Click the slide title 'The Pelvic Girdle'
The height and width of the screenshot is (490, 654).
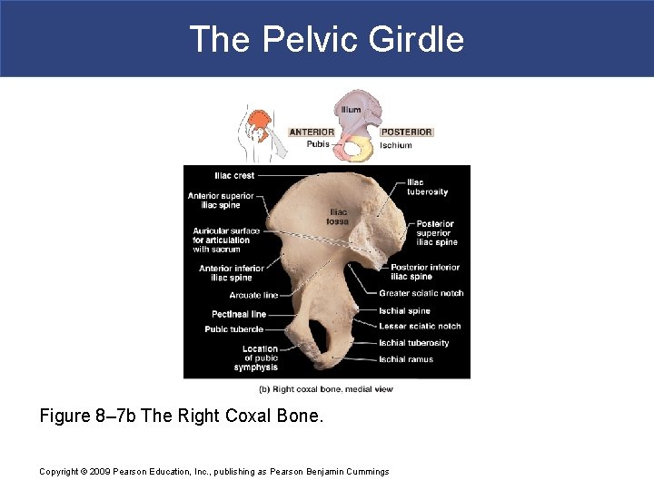[326, 39]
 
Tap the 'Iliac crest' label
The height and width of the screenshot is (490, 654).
[234, 175]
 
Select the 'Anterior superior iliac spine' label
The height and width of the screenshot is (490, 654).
[221, 201]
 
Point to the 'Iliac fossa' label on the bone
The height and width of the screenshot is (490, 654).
[337, 217]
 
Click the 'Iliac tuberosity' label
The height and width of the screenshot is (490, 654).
[427, 187]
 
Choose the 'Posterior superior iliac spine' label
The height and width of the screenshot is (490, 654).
[436, 233]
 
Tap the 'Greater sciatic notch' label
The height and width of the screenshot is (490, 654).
[421, 293]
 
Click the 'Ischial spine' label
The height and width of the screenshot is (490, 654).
[404, 311]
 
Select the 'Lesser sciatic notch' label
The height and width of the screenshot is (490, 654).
[419, 327]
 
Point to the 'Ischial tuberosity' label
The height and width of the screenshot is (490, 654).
[413, 343]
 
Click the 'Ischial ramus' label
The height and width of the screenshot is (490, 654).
[406, 359]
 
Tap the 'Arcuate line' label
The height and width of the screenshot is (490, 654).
[253, 295]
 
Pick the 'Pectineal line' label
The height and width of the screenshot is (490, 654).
[239, 314]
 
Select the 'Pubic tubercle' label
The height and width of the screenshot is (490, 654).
[233, 329]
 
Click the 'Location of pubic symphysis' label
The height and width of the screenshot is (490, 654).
[257, 358]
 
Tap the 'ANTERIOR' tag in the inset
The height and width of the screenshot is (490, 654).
[312, 132]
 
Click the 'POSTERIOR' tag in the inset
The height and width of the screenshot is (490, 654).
[406, 132]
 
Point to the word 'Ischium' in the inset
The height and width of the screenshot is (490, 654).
[395, 145]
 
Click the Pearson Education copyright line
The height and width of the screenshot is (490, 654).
[214, 471]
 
